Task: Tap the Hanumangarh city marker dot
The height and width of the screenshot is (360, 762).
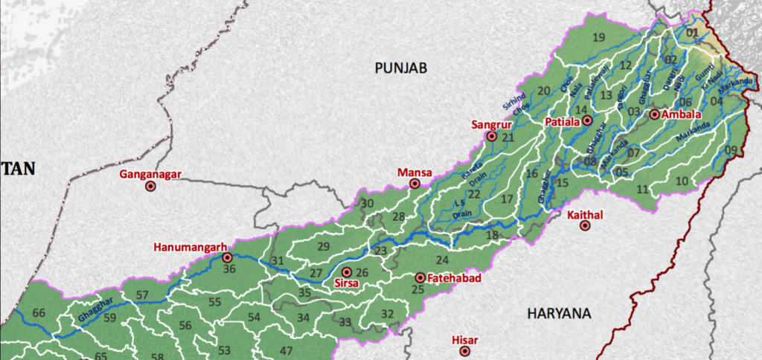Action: point(227,258)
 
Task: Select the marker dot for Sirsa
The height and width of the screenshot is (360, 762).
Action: point(347,272)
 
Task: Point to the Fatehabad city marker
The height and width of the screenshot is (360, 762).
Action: point(420,278)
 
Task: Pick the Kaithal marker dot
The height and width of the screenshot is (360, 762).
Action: point(585,226)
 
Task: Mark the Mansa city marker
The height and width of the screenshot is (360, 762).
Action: point(414,184)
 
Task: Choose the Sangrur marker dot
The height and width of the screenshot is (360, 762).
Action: point(492,137)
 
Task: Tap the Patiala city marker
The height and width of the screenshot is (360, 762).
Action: point(587,120)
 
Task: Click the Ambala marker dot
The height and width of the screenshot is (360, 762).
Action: point(654,115)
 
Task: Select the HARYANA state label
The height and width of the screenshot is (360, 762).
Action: point(559,314)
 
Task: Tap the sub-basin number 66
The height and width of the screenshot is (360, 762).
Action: point(39,312)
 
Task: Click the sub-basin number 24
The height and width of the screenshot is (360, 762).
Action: point(443,260)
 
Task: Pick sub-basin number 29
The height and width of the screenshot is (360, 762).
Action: point(323,246)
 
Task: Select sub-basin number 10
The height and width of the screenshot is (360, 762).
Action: point(682,181)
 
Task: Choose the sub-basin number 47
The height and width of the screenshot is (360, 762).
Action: point(286,350)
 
